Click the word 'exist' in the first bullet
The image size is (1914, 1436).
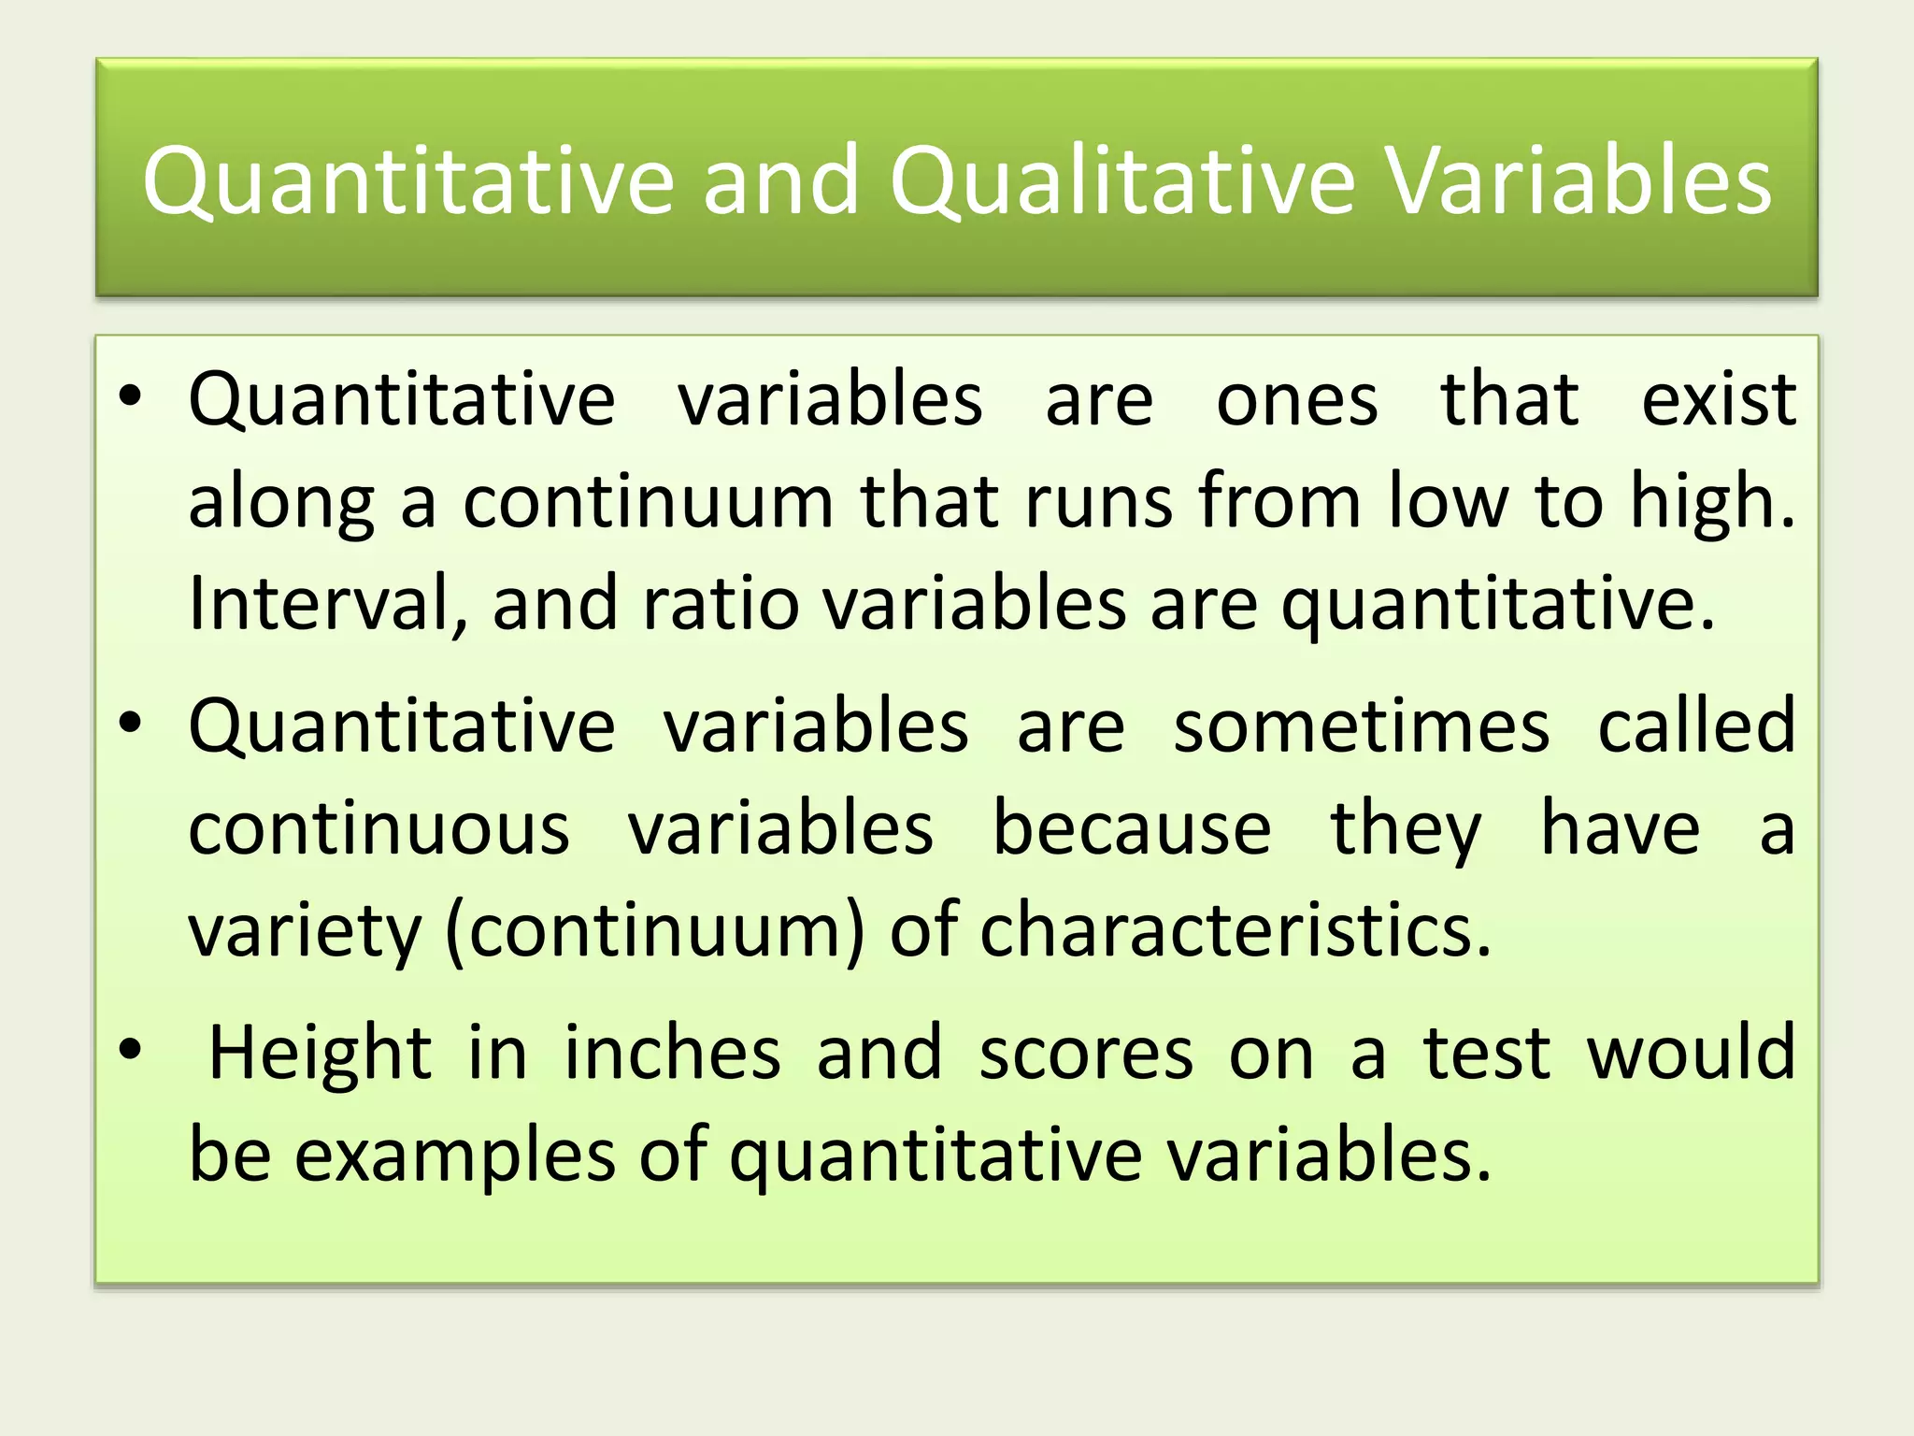click(1718, 400)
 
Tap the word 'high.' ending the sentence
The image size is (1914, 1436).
click(1712, 503)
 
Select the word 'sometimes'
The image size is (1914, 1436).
click(1362, 726)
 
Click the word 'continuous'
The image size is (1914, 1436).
click(379, 829)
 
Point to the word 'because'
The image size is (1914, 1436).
click(1131, 829)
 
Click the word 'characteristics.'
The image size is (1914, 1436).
click(1235, 931)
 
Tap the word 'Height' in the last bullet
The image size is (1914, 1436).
click(320, 1053)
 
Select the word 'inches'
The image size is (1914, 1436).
click(672, 1053)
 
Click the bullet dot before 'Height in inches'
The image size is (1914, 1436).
click(130, 1050)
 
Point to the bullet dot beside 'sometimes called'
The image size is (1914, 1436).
click(130, 724)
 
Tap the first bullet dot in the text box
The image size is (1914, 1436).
click(130, 397)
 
